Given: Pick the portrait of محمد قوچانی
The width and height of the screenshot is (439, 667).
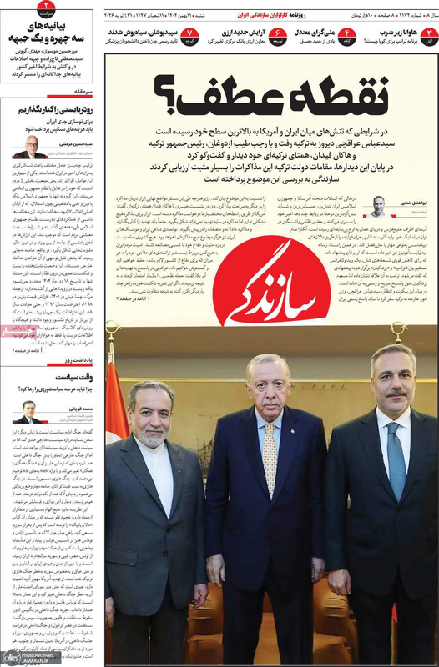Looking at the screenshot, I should [29, 411].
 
